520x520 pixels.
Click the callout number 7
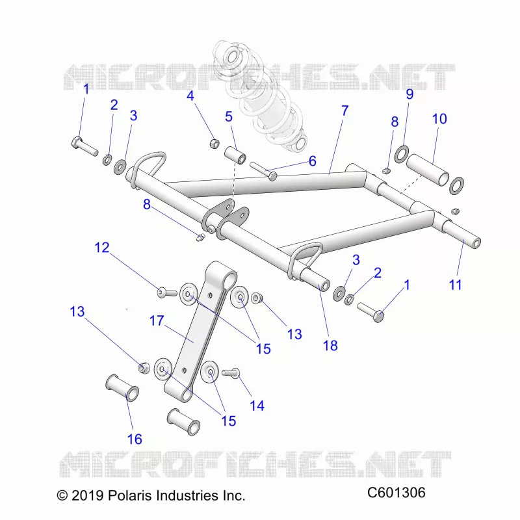[345, 110]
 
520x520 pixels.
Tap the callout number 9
[410, 94]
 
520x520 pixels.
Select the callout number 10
[439, 119]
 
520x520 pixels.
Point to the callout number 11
[455, 285]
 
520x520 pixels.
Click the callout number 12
[102, 248]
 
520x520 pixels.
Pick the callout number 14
[257, 406]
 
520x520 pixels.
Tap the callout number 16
[135, 439]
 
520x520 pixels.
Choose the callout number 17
[157, 320]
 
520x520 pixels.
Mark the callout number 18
[330, 346]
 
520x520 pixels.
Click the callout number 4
[190, 96]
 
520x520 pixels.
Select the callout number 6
[313, 161]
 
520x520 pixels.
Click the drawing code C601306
[396, 493]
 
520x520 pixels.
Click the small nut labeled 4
[214, 144]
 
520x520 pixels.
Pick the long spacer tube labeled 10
[428, 170]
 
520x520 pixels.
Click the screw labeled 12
[166, 292]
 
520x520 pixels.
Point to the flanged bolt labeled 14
[231, 372]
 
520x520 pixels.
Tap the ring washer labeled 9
[401, 153]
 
